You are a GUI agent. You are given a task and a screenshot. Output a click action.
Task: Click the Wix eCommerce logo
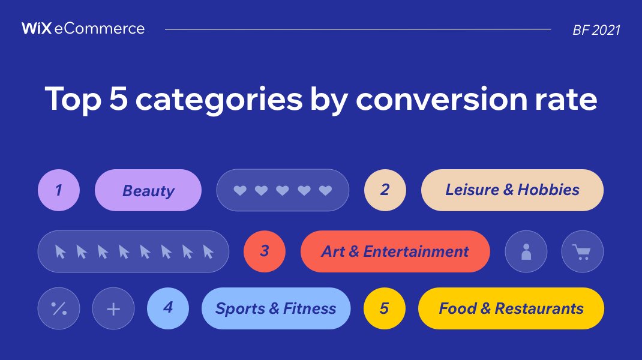tap(83, 28)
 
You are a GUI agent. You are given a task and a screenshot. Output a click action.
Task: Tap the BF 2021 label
tap(596, 30)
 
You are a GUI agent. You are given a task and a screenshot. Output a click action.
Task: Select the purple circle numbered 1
tap(59, 190)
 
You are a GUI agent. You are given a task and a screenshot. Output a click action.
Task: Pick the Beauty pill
tap(148, 190)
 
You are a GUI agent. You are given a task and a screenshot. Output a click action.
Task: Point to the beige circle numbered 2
tap(385, 190)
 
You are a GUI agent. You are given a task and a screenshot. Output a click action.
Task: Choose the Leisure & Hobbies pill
tap(512, 190)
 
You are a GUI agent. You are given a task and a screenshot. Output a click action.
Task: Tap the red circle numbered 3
tap(265, 251)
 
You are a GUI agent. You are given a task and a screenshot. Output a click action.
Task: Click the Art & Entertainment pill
tap(395, 251)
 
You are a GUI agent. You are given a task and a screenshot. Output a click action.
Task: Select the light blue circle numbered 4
tap(168, 308)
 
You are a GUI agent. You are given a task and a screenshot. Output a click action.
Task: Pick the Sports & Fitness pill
tap(275, 308)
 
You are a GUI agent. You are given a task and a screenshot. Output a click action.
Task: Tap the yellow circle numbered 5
tap(385, 308)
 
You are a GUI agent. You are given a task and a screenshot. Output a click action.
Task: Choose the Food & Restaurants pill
tap(511, 308)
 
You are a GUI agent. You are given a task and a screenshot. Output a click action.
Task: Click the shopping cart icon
tap(582, 251)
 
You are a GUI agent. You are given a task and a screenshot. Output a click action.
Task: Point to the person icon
tap(526, 251)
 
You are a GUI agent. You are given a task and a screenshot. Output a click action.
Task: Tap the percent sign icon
tap(59, 309)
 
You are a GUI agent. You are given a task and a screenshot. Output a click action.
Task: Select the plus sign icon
tap(113, 309)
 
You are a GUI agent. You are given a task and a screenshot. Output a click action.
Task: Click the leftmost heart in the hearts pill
tap(240, 191)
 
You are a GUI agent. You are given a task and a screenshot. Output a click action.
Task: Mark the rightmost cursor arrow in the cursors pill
tap(208, 251)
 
